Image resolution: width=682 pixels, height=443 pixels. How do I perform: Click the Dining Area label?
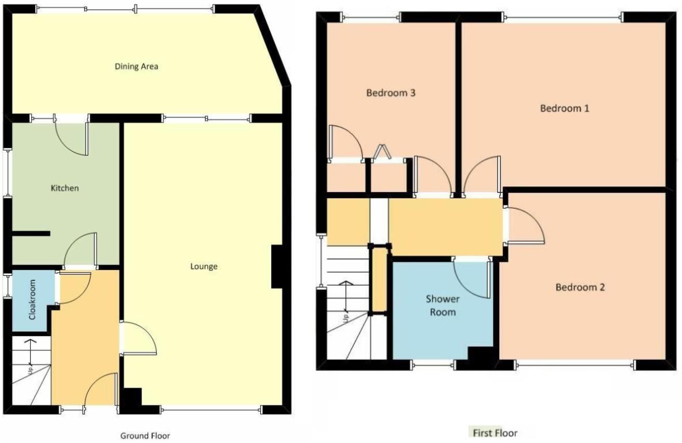tap(136, 66)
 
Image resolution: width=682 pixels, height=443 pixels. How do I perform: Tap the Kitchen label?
tap(64, 187)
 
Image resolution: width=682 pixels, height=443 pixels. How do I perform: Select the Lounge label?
tap(204, 267)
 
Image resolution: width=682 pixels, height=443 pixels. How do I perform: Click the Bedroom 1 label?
tap(565, 109)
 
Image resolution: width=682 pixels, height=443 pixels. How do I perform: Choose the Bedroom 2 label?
tap(580, 287)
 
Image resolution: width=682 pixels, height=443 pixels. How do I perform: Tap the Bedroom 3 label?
tap(391, 93)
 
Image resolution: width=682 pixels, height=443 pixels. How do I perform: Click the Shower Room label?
tap(443, 305)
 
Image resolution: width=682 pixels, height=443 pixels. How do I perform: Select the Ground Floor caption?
tap(145, 436)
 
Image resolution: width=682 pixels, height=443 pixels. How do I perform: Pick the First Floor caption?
tap(494, 433)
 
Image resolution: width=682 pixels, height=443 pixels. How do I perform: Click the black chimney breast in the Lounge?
tap(277, 266)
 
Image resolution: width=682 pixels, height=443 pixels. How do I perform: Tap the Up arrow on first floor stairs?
tap(345, 301)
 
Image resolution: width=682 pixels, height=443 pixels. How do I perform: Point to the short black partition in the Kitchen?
tap(30, 234)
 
